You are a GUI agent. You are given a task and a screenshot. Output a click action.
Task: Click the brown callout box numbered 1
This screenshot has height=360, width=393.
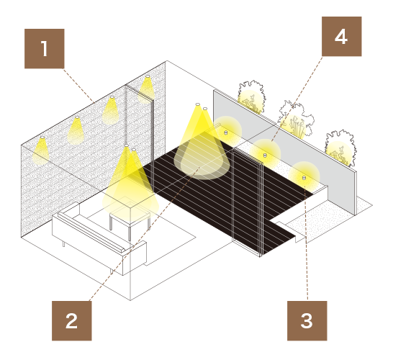tap(45, 49)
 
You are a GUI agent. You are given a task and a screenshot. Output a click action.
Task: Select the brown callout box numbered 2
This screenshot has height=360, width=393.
tap(72, 321)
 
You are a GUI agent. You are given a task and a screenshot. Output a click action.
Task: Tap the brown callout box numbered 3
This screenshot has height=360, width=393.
tap(307, 321)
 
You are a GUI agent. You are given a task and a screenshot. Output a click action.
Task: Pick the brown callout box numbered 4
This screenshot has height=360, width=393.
tap(342, 37)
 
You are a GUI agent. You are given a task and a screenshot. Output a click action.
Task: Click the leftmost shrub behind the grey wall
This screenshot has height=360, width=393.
tap(251, 97)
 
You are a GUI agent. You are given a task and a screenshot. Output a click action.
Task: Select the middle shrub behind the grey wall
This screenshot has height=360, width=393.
tap(296, 120)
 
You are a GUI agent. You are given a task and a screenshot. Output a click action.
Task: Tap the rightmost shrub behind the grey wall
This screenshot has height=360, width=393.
tap(341, 148)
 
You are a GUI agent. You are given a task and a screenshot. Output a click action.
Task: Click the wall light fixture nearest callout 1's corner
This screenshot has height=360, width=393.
tap(112, 97)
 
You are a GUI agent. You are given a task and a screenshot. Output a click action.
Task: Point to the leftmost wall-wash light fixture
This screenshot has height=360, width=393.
tap(42, 138)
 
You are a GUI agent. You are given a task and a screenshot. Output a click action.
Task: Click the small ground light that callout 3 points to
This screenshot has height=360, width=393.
tap(304, 178)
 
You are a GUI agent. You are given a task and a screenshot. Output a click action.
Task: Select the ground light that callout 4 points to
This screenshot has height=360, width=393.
tap(265, 156)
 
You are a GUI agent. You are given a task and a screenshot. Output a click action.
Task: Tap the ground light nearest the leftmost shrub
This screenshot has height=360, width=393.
tap(226, 132)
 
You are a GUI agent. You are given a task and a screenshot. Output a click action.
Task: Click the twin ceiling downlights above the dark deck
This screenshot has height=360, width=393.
tap(202, 106)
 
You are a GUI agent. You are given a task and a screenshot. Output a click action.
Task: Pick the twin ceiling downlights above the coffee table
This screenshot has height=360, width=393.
tap(130, 148)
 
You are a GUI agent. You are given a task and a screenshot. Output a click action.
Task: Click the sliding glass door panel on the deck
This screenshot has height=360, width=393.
tap(247, 201)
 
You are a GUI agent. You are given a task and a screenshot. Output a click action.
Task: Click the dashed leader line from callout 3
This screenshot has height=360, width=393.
tap(306, 243)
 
